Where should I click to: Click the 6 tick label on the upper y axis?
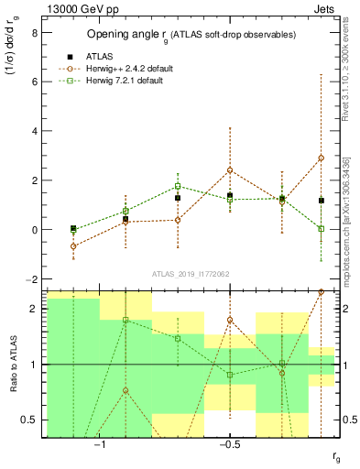click(x=34, y=82)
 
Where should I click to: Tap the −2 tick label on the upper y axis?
click(x=31, y=278)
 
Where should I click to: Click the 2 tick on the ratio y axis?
click(x=34, y=309)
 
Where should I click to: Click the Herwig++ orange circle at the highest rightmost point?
click(x=322, y=158)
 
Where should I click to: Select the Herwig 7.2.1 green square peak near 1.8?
click(x=178, y=186)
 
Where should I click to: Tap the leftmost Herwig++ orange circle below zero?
click(x=73, y=246)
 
